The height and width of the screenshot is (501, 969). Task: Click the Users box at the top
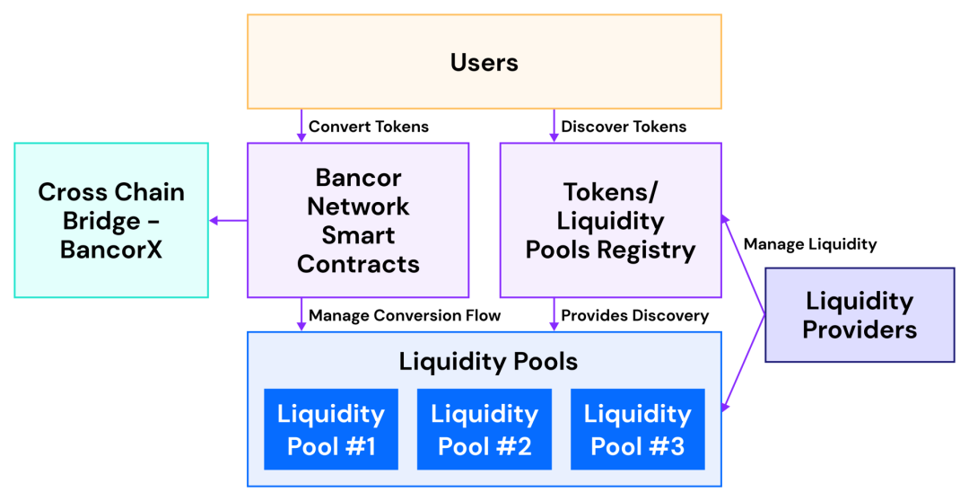484,62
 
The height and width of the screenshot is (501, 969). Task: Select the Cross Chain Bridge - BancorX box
111,220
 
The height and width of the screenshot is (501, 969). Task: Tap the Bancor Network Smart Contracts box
358,220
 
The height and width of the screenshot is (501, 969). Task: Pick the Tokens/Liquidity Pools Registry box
610,220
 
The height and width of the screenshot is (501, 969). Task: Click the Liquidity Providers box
860,315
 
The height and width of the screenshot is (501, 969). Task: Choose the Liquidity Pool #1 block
331,429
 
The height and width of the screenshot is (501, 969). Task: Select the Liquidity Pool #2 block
484,429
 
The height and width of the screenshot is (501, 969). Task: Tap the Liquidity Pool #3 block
638,429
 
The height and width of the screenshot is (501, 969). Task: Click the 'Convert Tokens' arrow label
369,127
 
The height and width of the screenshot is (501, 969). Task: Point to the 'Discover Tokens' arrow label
624,127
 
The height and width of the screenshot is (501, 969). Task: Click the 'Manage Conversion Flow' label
405,315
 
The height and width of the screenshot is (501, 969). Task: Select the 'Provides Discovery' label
635,315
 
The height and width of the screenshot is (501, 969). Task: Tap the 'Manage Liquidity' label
810,244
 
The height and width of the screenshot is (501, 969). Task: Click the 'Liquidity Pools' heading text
488,362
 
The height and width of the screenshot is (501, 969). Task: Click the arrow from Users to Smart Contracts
301,126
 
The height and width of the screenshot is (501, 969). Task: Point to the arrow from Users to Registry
554,126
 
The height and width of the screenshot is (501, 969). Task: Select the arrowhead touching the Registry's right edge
728,218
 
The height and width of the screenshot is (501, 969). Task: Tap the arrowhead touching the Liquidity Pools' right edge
728,408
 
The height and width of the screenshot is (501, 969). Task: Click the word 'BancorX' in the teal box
111,249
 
